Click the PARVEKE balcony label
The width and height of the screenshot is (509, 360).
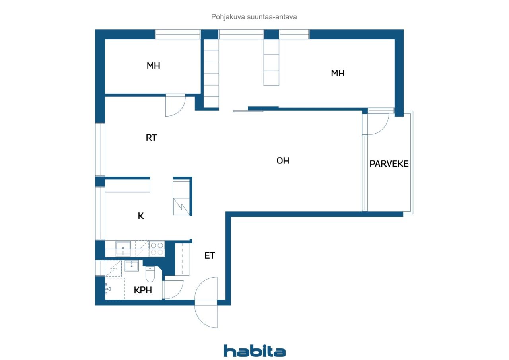pos(389,163)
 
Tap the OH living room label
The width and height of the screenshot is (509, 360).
pos(283,161)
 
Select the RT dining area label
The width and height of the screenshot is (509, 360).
pos(152,138)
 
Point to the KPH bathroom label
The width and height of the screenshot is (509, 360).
pos(143,290)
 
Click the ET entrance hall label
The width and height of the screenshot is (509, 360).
pos(210,256)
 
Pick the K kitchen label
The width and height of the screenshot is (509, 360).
pos(141,216)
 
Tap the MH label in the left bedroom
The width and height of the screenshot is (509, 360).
pos(153,66)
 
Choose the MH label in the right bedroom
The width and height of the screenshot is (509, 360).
pos(338,73)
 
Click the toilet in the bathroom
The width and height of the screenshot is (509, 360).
pos(150,274)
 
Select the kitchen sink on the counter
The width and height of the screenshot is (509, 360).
pos(123,249)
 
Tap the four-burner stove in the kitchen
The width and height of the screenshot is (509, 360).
pos(157,249)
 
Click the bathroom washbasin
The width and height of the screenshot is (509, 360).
pos(132,266)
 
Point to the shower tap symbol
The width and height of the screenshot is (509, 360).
pos(108,289)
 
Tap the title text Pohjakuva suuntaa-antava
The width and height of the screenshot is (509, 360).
pos(254,17)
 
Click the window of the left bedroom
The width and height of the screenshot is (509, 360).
pos(178,34)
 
